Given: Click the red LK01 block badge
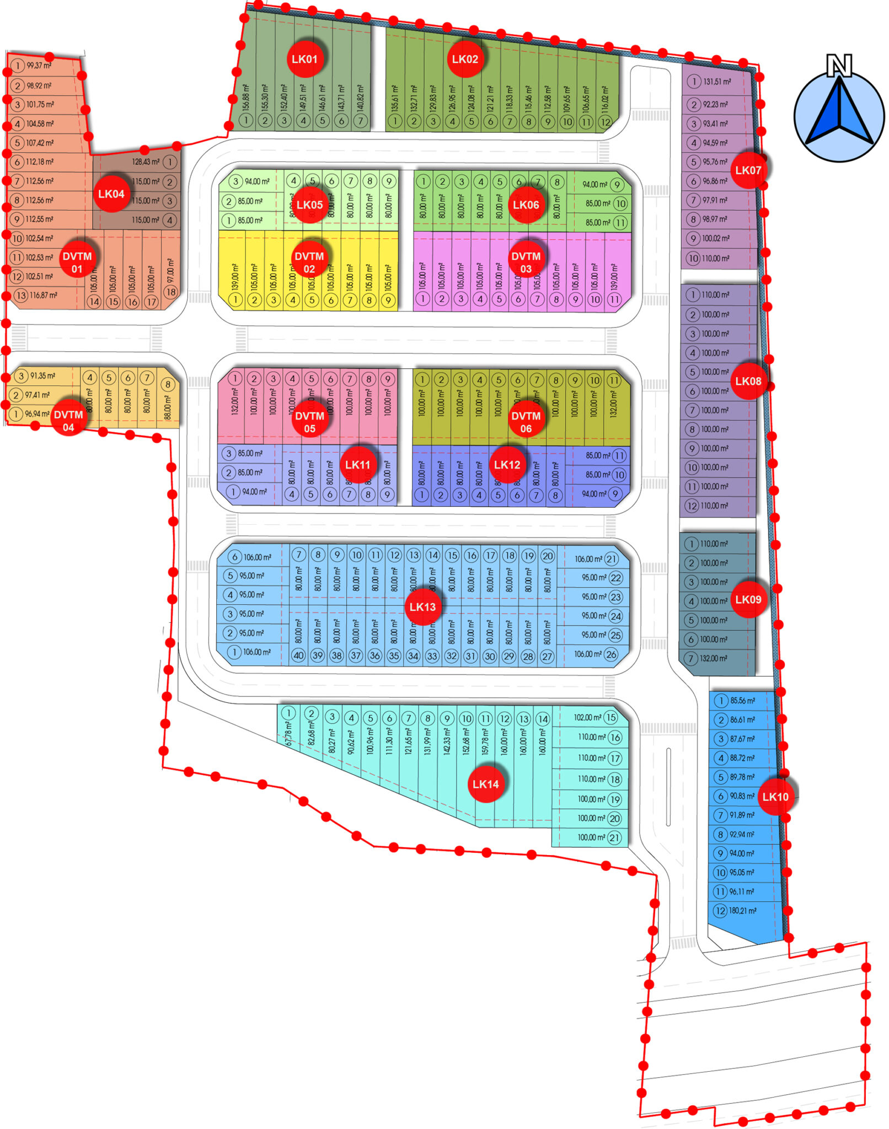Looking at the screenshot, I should pos(304,59).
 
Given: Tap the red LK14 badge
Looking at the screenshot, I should pos(485,784).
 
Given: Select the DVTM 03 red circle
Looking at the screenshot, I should pos(526,262).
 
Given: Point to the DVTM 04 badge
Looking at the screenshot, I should pos(68,421).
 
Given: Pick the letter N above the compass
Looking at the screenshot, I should pos(839,64).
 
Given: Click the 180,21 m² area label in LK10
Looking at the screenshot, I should pos(742,911).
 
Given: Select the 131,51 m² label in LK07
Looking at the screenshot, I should pos(717,82).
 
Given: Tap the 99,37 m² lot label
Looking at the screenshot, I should pos(39,66).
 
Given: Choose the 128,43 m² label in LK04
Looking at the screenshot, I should pos(146,162).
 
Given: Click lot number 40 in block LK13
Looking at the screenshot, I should pos(298,655).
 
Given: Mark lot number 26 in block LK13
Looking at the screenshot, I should pos(611,654).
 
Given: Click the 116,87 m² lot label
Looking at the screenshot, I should pos(44,295).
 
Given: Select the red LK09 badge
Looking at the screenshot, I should pos(748,599).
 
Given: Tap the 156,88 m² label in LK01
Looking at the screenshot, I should pos(245,98).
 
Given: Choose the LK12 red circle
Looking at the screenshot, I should pos(507,465).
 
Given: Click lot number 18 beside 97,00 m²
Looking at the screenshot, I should pos(170,292).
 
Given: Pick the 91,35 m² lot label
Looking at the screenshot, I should pos(42,376).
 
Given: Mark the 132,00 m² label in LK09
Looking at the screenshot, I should pos(714,658).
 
